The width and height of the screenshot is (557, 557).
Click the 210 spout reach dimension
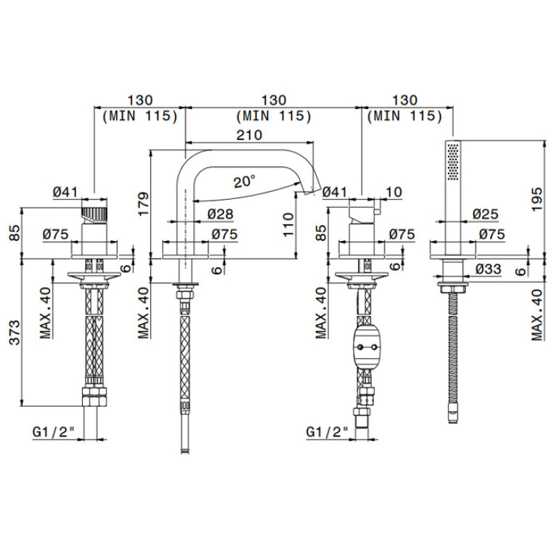coord(249,135)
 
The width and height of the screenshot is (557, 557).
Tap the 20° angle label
coord(245,182)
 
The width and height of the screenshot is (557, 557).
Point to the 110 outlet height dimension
coord(288,224)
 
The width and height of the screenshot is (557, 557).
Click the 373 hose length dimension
coord(15,333)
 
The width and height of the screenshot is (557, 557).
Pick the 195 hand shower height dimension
coord(537,199)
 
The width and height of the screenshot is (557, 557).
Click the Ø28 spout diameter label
coord(221,214)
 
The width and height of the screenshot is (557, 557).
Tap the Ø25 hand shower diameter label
coord(485,214)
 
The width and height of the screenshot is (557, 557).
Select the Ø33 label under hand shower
coord(488,269)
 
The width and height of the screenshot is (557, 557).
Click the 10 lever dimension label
coord(394,192)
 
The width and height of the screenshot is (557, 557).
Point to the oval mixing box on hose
coord(365,346)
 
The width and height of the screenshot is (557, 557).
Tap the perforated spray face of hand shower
coord(453,162)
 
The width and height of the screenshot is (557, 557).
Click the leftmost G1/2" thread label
coord(54,431)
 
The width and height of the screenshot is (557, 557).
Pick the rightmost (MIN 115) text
coord(405,116)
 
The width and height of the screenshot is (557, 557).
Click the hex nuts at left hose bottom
coord(94,397)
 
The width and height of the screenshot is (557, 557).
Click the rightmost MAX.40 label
coord(537,315)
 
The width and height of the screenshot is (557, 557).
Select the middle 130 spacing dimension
coord(274,100)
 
